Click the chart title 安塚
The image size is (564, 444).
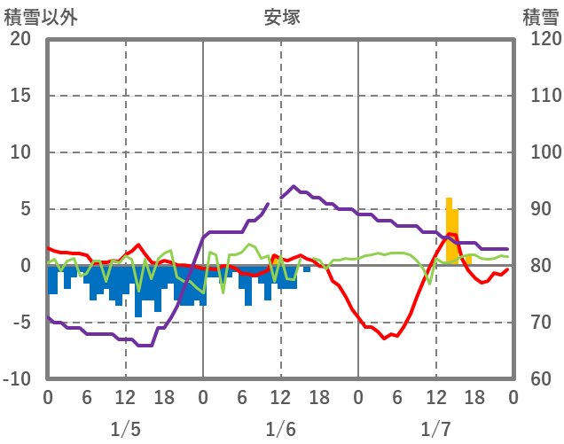click(281, 16)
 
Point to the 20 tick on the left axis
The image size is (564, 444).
click(20, 39)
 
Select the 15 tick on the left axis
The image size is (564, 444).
click(20, 96)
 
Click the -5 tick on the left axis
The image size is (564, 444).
click(20, 323)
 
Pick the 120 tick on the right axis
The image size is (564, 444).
click(540, 39)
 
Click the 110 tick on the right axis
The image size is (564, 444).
click(540, 96)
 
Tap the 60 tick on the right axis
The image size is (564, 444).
click(537, 379)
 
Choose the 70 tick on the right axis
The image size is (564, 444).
click(537, 323)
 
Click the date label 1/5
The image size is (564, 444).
click(125, 430)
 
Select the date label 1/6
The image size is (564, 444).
click(280, 430)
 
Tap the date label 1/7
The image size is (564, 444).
click(435, 430)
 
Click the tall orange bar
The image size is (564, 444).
click(450, 230)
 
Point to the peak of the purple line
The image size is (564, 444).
click(294, 186)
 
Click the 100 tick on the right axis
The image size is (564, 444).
click(540, 152)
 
